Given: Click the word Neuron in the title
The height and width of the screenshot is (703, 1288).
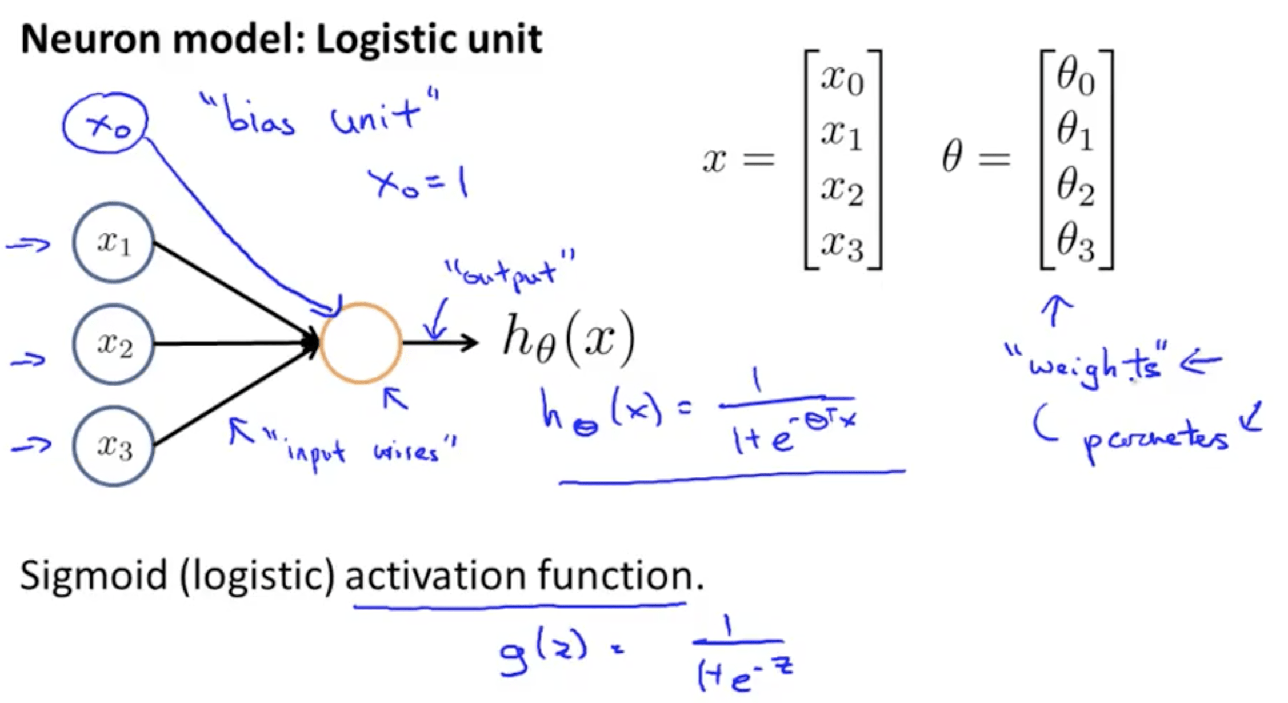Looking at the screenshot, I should (x=89, y=40).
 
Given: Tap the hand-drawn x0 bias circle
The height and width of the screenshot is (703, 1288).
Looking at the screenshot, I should (x=106, y=123).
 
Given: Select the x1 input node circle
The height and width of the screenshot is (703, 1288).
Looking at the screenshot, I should (x=113, y=243).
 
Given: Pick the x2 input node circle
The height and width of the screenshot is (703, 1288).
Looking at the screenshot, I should (x=113, y=344).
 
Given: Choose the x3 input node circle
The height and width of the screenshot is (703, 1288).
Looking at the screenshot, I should (x=113, y=446).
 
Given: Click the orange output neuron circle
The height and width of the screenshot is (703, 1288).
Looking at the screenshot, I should (x=361, y=343).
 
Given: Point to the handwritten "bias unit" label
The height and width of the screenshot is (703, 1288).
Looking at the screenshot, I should (x=320, y=114).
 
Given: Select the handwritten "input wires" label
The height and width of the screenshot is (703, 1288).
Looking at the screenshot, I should (x=360, y=452).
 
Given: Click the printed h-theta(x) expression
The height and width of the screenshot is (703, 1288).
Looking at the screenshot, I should (x=569, y=340).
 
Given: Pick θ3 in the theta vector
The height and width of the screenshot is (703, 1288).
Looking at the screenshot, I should (x=1075, y=243).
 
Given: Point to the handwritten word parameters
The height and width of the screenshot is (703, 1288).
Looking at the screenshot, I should (x=1154, y=440).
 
